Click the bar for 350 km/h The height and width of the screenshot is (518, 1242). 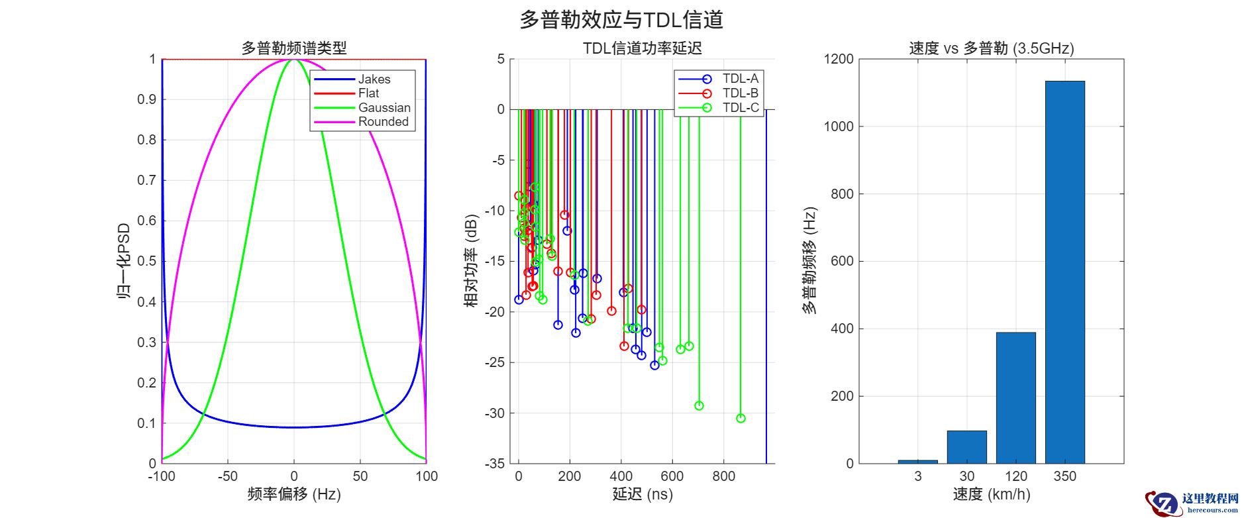coord(1064,272)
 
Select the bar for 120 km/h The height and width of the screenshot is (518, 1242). coord(1015,397)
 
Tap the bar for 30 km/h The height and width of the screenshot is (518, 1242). coord(966,447)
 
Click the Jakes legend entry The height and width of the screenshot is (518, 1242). coord(374,79)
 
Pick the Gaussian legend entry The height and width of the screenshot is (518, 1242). coord(384,108)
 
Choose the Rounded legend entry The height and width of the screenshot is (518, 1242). coord(383,122)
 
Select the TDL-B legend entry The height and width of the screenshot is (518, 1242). coord(740,93)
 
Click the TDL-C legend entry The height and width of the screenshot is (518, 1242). coord(740,108)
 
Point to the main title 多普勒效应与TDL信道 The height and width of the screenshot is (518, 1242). coord(621,20)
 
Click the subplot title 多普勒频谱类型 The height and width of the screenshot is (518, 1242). coord(293,48)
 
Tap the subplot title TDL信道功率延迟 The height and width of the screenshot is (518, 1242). coord(642,48)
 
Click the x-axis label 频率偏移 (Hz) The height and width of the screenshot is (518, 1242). coord(293,494)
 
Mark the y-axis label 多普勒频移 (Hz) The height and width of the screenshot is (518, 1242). coord(809,262)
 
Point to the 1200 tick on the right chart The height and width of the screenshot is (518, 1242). coord(839,60)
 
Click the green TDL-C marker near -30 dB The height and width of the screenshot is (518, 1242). coord(741,418)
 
